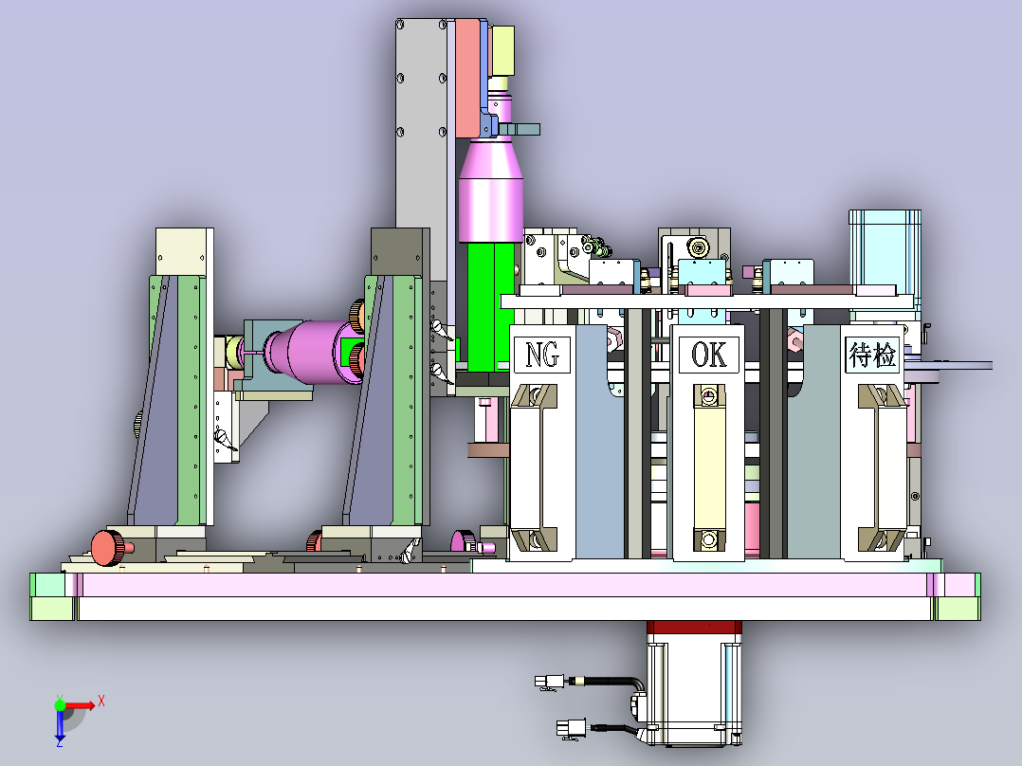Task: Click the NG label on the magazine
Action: [x=542, y=356]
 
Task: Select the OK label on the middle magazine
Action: [x=708, y=356]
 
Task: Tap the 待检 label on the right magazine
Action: [x=872, y=355]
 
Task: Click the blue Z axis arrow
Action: [x=60, y=724]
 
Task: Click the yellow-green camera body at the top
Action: [x=502, y=51]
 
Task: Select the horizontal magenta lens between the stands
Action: [x=313, y=352]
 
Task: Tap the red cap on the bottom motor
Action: [x=694, y=628]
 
